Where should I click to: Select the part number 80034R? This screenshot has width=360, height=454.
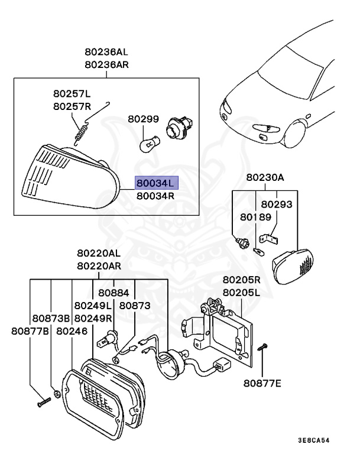click(x=155, y=196)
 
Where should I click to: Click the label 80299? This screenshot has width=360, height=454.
click(x=143, y=119)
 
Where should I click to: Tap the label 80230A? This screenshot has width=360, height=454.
click(x=265, y=177)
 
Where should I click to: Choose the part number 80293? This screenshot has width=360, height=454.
click(x=277, y=204)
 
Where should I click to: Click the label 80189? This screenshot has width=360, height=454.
click(x=255, y=217)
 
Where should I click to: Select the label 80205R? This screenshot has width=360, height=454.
click(x=241, y=279)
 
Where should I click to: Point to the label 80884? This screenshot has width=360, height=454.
click(x=113, y=292)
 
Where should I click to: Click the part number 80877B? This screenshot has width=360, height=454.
click(x=30, y=331)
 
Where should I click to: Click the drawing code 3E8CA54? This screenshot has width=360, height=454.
click(x=322, y=440)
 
